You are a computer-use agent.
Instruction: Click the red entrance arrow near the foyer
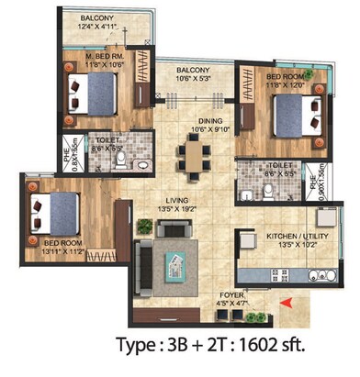286,300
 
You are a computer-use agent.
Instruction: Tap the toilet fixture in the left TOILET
121,161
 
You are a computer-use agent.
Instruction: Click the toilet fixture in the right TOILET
265,191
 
